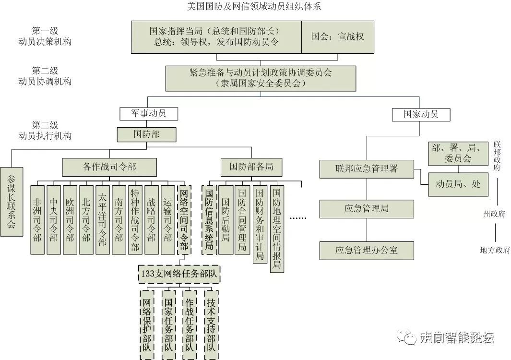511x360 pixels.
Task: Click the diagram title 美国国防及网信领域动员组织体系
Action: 255,7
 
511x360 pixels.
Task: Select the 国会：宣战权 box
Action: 337,37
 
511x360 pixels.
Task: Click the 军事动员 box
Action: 148,114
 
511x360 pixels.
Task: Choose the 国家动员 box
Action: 420,114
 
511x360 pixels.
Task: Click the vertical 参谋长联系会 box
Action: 12,202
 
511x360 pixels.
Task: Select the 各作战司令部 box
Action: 109,167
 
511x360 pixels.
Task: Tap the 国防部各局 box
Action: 251,167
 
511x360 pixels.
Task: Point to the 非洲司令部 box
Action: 37,219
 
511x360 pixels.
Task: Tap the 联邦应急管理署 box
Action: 367,169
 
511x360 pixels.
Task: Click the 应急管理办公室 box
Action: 367,250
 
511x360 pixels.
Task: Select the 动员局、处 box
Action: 458,184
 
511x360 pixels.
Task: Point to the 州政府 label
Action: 494,214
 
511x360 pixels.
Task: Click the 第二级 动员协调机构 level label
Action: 52,76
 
